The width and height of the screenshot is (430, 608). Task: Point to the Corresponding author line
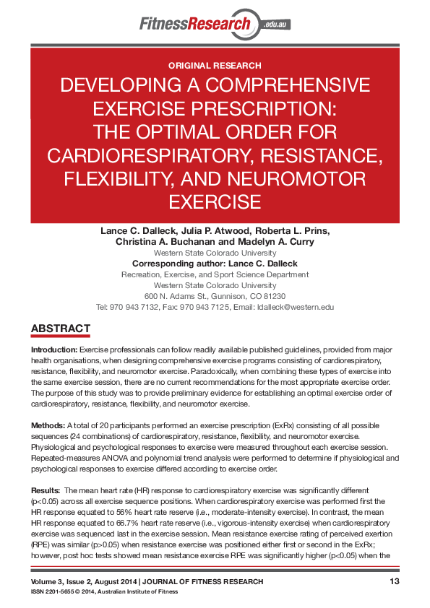pos(215,264)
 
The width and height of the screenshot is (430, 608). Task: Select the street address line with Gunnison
pos(215,296)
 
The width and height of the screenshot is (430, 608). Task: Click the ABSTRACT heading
pos(60,329)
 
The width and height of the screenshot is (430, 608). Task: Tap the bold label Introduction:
pos(52,349)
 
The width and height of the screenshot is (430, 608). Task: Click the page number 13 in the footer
pos(394,581)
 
